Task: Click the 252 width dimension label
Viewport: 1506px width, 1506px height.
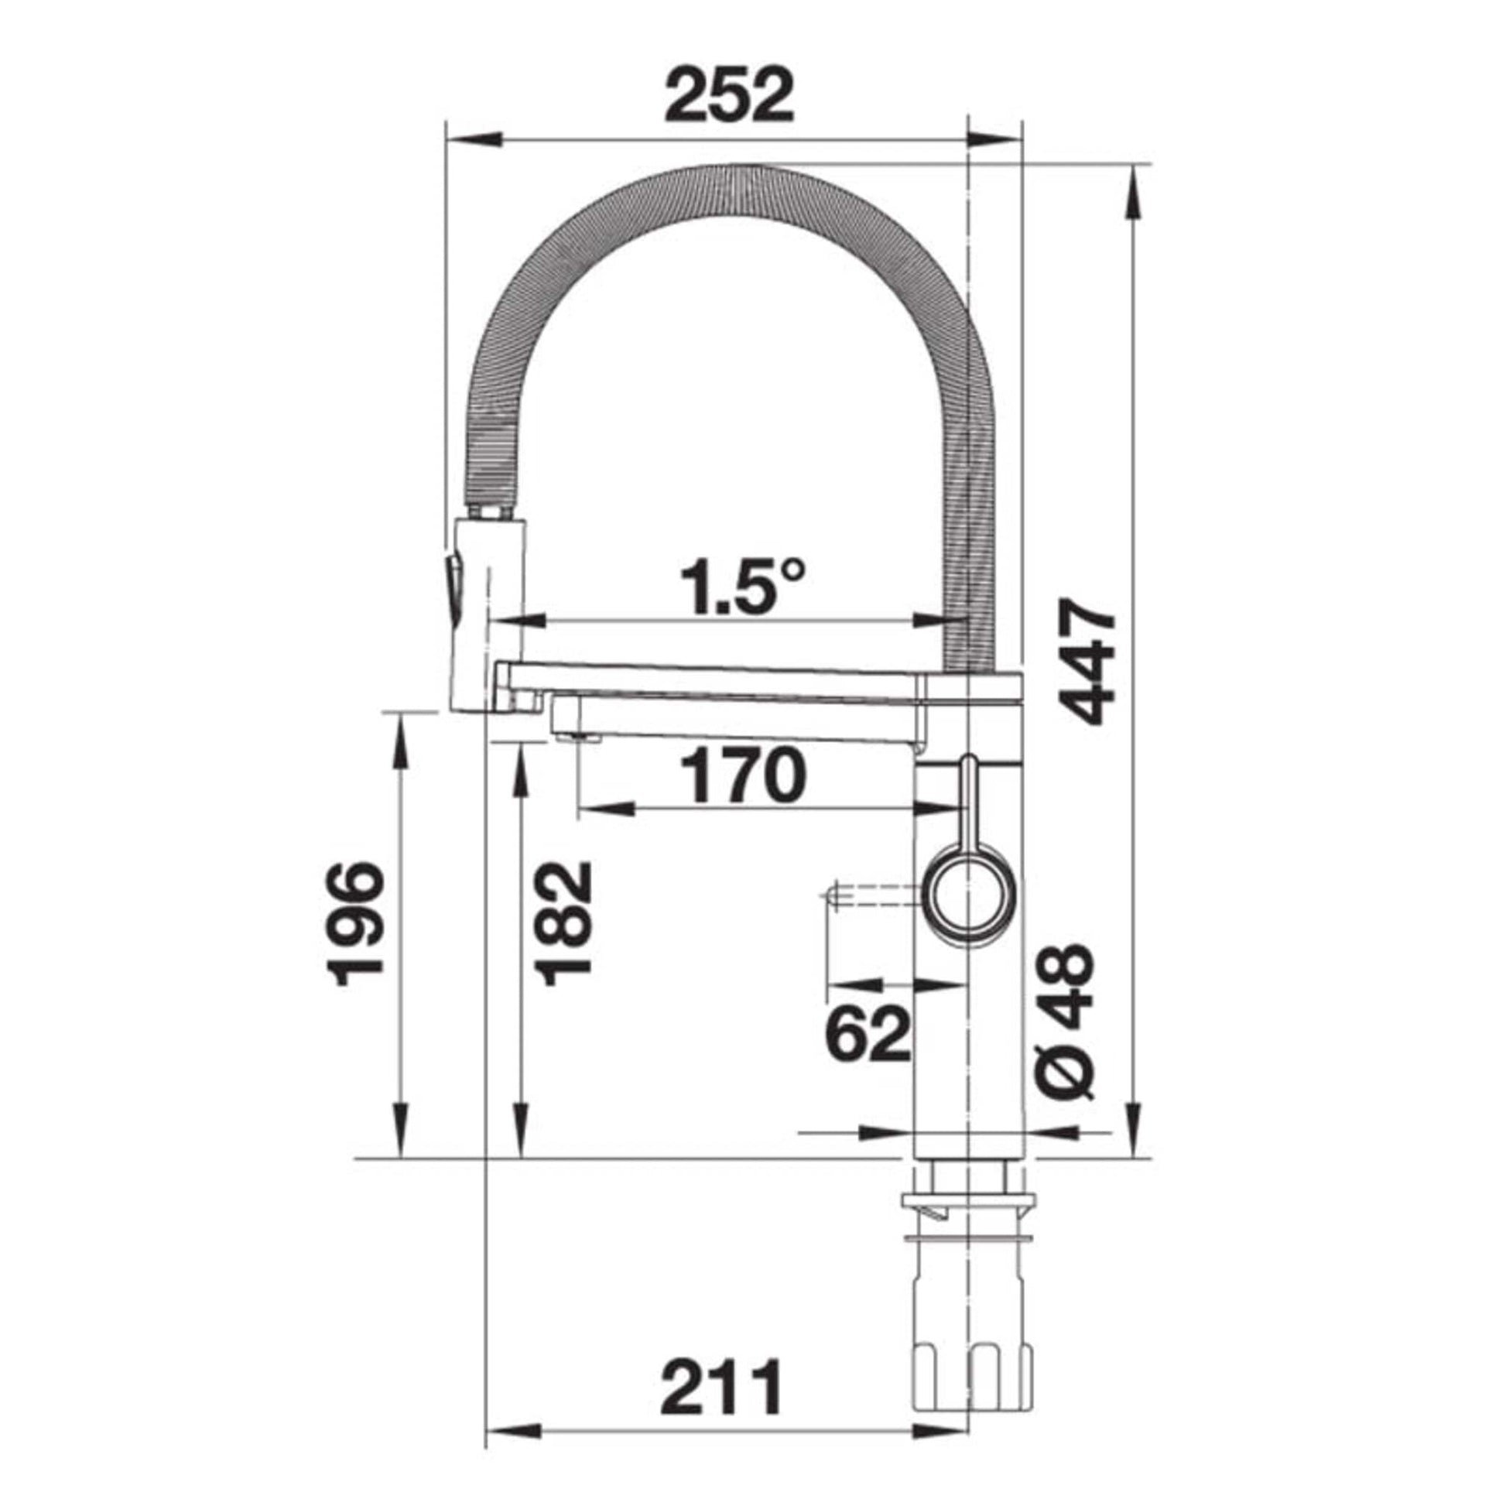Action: pyautogui.click(x=730, y=95)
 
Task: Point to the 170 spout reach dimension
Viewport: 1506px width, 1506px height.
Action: pyautogui.click(x=741, y=776)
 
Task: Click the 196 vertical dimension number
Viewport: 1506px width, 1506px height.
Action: pyautogui.click(x=355, y=924)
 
